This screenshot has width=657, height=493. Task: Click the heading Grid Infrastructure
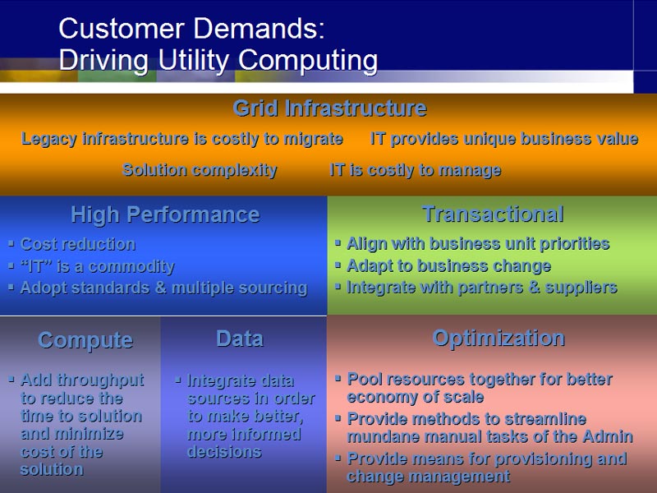[x=330, y=108]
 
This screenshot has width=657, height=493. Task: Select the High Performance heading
[x=166, y=214]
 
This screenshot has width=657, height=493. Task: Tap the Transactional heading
[x=493, y=214]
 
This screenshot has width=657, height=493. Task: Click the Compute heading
[x=85, y=340]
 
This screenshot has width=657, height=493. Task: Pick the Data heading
[x=240, y=339]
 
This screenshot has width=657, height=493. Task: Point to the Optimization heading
[x=498, y=339]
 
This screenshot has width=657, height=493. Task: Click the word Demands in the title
[x=259, y=29]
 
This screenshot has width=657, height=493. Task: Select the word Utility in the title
[x=194, y=59]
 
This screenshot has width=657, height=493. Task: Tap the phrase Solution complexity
[x=200, y=170]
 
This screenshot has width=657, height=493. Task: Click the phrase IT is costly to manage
[x=416, y=170]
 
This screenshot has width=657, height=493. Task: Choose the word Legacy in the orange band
[x=49, y=139]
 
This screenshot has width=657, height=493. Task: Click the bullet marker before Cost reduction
[x=11, y=242]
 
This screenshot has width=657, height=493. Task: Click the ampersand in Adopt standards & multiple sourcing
[x=160, y=288]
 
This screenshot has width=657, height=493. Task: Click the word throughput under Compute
[x=100, y=380]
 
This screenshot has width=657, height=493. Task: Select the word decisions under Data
[x=224, y=452]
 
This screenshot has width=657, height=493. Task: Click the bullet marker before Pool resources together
[x=338, y=379]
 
